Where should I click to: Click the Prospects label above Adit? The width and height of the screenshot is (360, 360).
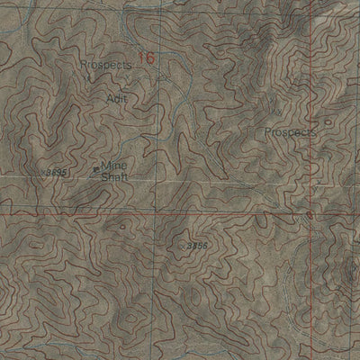coord(105,66)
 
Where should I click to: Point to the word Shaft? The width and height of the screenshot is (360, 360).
coord(114,177)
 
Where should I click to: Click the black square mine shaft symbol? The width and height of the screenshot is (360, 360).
coord(96,168)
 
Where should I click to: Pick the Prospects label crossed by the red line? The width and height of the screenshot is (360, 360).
coord(292,132)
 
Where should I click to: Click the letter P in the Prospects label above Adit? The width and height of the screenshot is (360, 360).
coord(83,66)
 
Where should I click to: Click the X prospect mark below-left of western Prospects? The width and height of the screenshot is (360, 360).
coord(87,79)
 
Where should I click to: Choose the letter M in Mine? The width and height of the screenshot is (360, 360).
coord(104,166)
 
